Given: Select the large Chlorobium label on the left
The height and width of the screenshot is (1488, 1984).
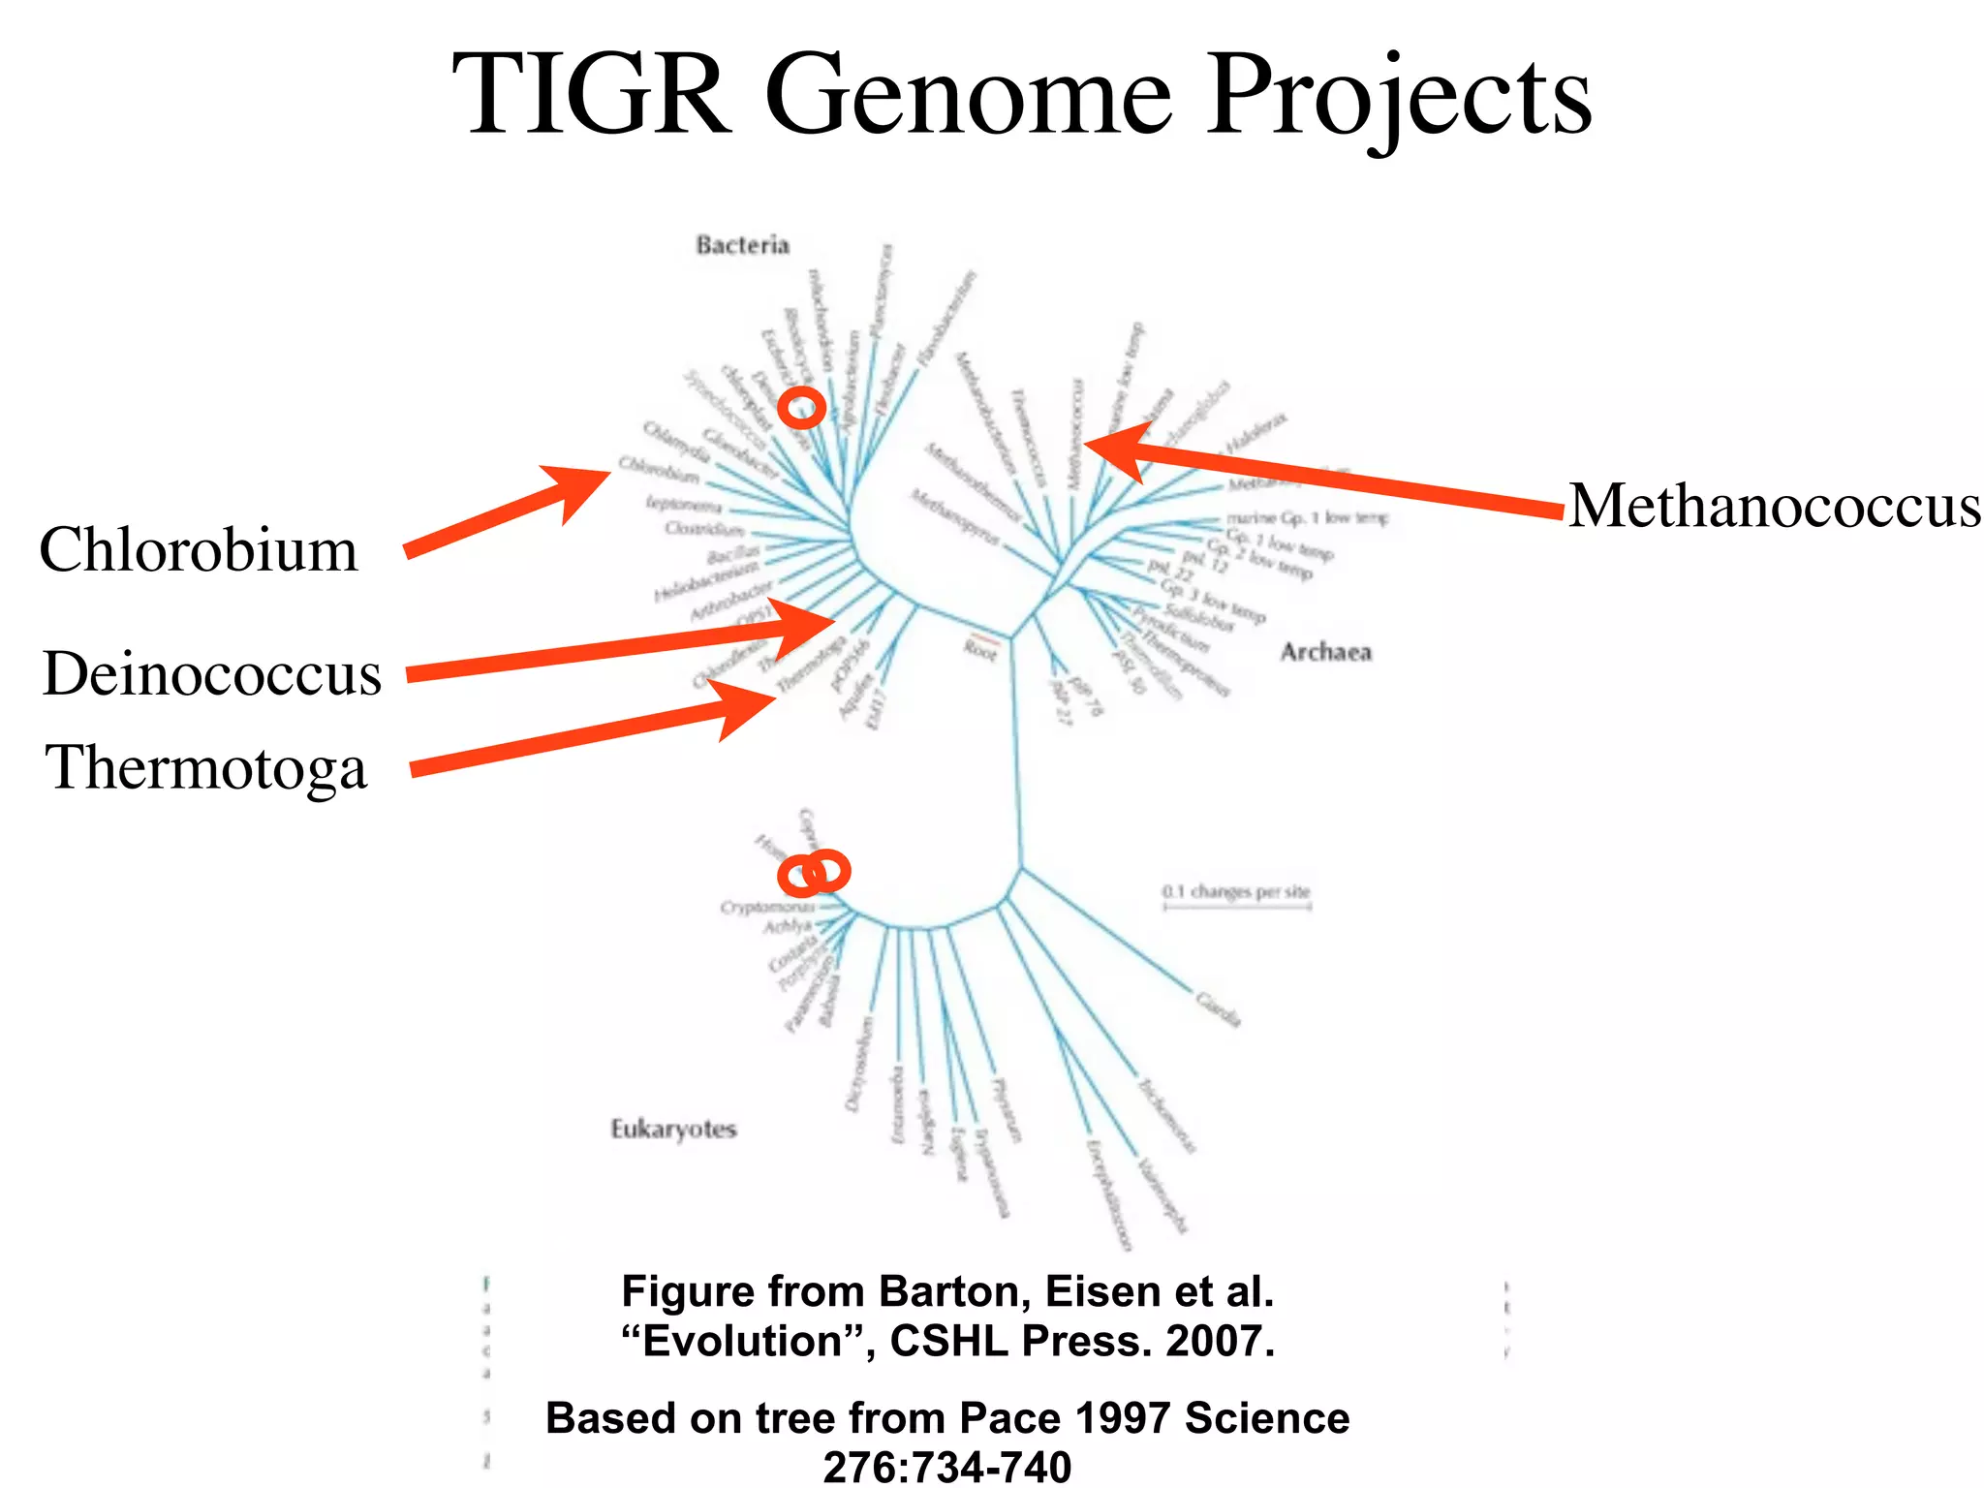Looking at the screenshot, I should (x=199, y=550).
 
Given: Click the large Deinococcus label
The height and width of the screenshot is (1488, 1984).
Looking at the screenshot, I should (x=212, y=674).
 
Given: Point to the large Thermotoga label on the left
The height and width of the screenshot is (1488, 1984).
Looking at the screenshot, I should (x=206, y=768).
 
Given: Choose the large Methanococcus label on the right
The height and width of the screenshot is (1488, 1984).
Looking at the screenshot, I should (x=1774, y=506).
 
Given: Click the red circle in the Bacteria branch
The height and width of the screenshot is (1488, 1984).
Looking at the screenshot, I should (x=802, y=408).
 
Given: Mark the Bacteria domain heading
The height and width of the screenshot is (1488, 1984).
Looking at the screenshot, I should (x=742, y=245).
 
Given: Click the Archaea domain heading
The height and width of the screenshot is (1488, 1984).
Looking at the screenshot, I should (x=1325, y=652).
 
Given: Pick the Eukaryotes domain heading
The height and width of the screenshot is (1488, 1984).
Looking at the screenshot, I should (x=673, y=1130).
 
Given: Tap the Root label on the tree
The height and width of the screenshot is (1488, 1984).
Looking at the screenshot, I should (x=980, y=650).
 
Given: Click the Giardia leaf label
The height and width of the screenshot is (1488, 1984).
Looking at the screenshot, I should (x=1218, y=1008).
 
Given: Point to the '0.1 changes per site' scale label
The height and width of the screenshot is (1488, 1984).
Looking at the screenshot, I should (x=1236, y=891).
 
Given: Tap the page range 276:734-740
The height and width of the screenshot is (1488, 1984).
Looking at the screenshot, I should (x=947, y=1467).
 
